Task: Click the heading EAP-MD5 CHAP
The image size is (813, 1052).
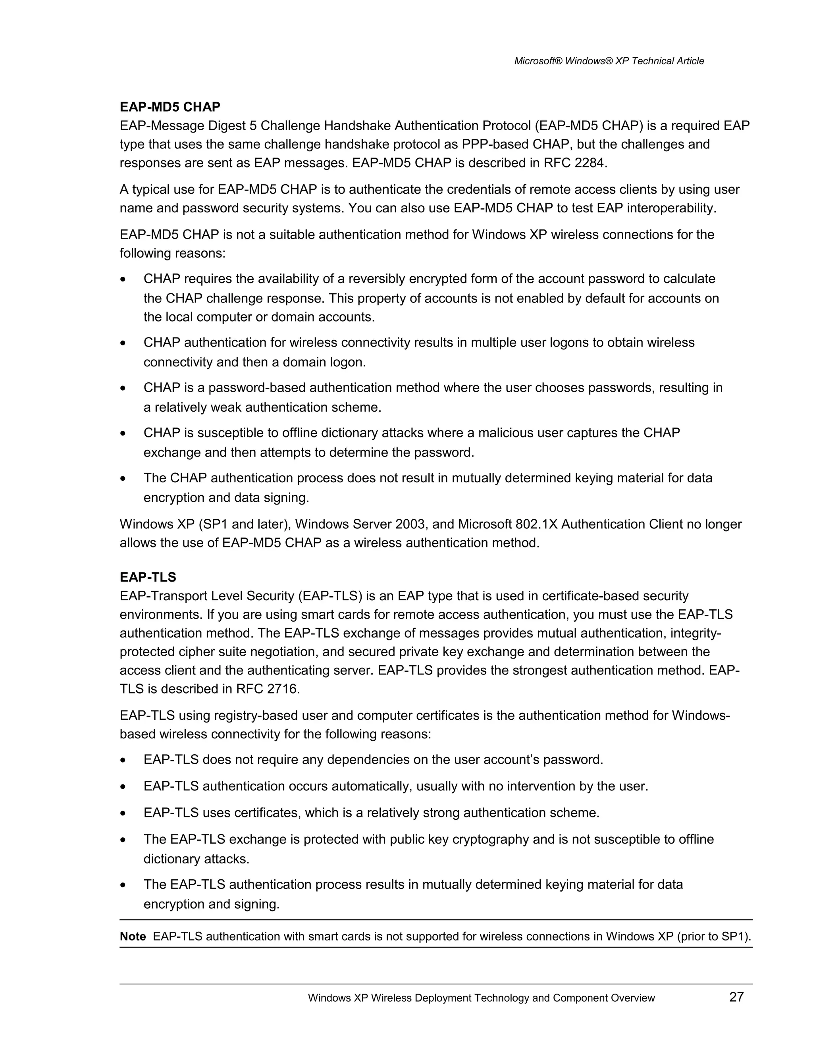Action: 170,106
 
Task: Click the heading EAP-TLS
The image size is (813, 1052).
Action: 148,577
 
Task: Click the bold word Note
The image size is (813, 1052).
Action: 133,937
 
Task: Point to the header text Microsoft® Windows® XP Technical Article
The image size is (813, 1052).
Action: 609,61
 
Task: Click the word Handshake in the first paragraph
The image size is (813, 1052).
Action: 357,126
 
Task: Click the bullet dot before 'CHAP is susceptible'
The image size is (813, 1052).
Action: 124,434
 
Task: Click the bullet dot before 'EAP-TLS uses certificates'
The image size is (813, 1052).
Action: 124,813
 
